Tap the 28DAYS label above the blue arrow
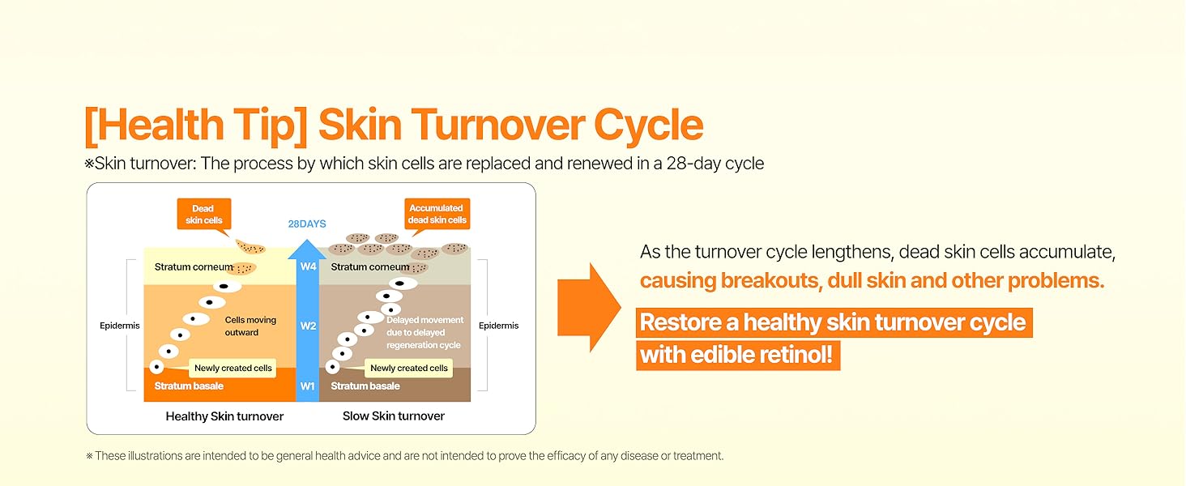click(308, 224)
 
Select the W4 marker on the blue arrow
click(308, 266)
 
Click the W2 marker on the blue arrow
click(308, 326)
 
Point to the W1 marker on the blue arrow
click(308, 386)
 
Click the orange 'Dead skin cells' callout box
click(203, 215)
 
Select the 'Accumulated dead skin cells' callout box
click(437, 215)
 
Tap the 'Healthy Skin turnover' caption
click(224, 416)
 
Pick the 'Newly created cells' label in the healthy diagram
click(233, 369)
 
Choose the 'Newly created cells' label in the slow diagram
click(408, 369)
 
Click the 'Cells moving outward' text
click(250, 326)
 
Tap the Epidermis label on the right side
click(498, 326)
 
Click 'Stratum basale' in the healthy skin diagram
click(189, 386)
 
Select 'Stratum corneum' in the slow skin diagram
click(370, 266)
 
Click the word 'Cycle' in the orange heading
click(648, 126)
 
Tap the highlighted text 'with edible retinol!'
click(737, 355)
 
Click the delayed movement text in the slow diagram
click(424, 333)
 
